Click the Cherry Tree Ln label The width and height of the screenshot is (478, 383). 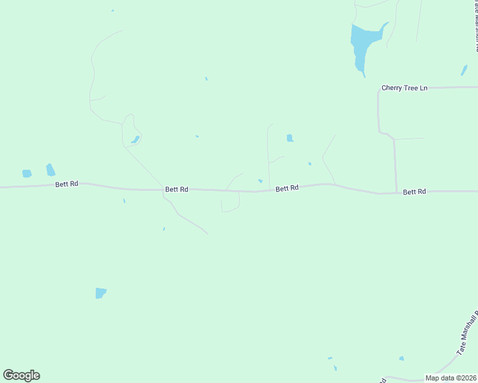(404, 88)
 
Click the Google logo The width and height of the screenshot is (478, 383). (21, 375)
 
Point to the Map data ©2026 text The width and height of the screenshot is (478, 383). (451, 378)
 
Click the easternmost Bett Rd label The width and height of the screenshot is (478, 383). (414, 191)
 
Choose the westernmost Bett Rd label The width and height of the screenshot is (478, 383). (66, 184)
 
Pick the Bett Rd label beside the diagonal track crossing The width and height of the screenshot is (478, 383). (176, 189)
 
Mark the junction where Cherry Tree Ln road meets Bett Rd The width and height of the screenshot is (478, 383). (397, 192)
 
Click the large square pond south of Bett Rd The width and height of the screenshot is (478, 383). (100, 293)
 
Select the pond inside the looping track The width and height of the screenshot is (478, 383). (135, 140)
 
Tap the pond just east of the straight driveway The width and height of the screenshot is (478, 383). (290, 138)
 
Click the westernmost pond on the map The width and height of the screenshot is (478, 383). (27, 174)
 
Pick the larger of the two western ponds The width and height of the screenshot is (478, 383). (50, 170)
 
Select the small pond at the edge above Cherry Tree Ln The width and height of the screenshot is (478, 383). (464, 70)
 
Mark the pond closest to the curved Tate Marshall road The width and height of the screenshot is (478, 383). (401, 359)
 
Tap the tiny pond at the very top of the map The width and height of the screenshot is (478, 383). (112, 10)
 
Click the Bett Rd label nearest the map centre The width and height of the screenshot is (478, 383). (287, 188)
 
